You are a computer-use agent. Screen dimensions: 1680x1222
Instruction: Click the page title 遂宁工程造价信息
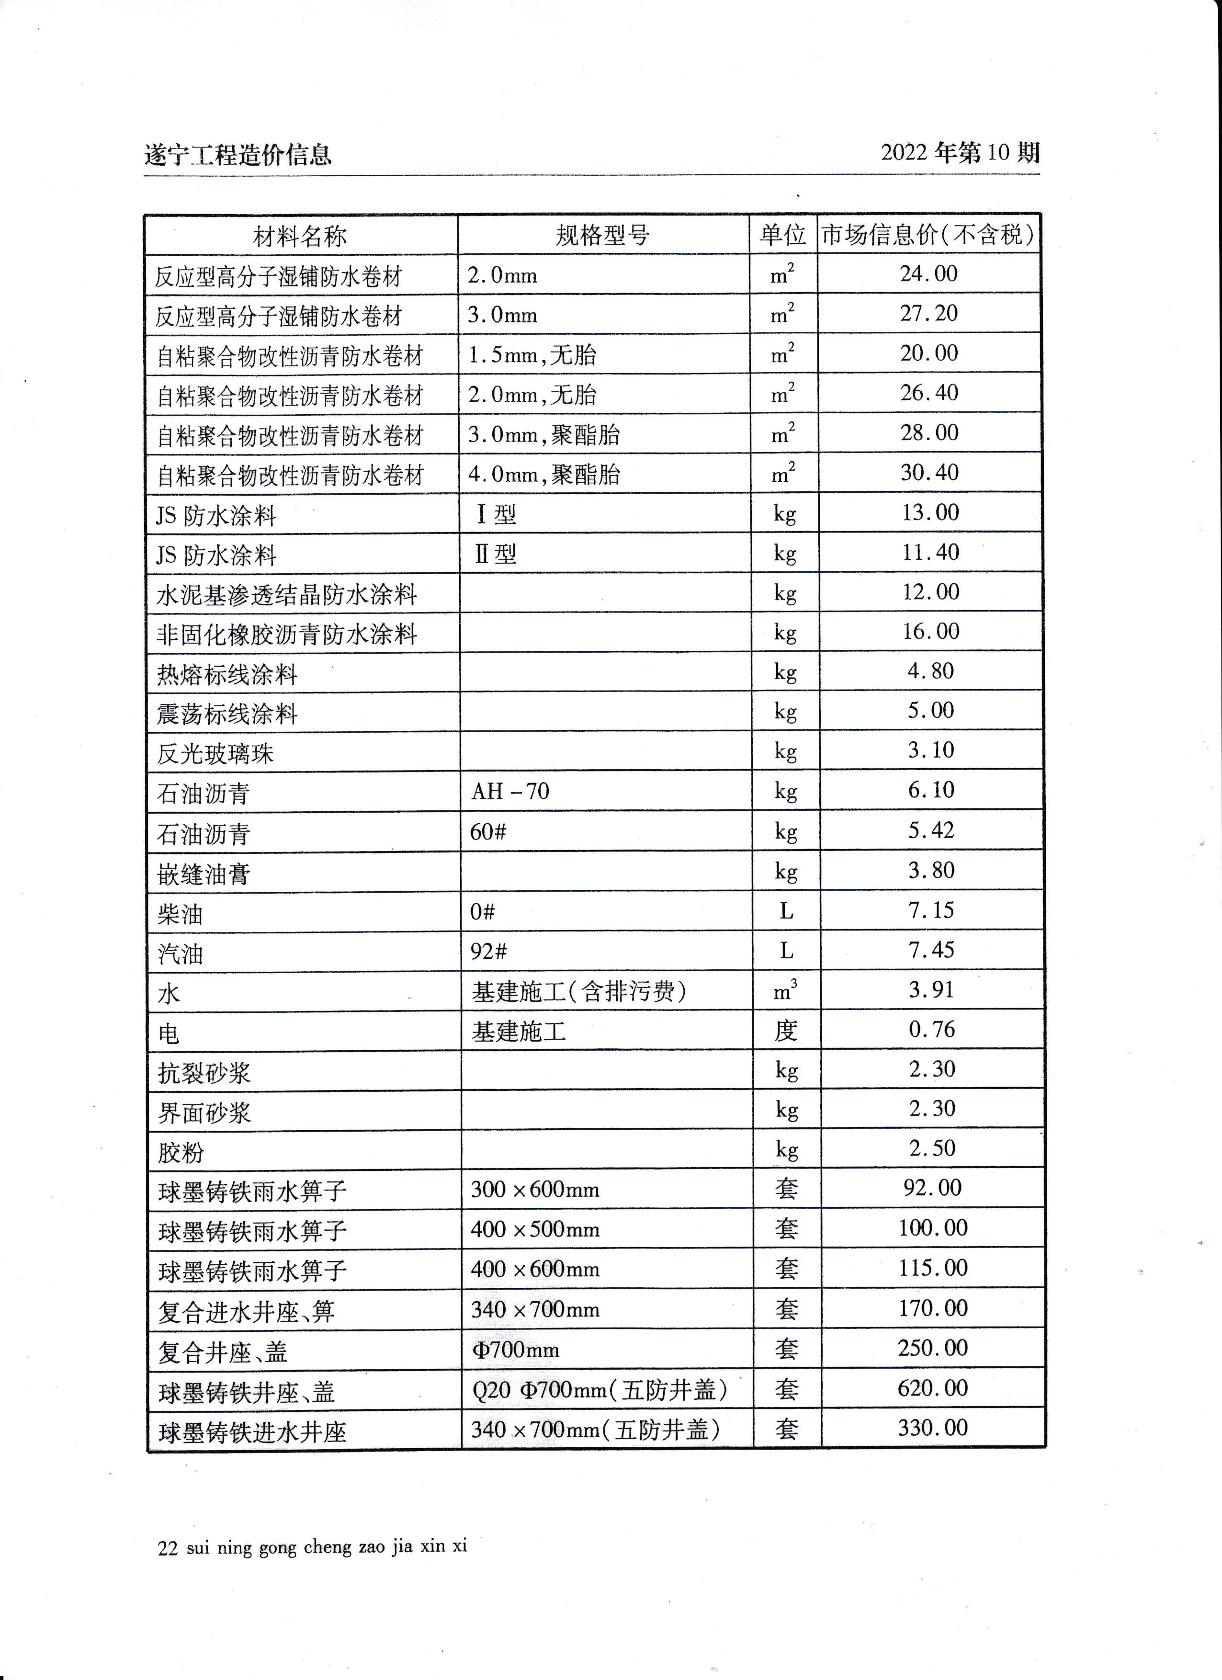point(238,155)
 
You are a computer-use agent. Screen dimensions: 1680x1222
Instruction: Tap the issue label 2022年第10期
point(960,153)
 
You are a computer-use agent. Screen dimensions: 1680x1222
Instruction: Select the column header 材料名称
point(300,236)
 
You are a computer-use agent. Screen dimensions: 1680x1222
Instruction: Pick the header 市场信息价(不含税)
point(928,235)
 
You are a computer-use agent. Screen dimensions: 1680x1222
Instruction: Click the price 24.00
point(929,273)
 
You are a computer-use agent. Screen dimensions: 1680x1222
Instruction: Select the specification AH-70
point(510,791)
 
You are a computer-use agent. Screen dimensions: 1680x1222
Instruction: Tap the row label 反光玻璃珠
point(215,753)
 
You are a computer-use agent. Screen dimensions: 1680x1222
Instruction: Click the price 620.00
point(932,1387)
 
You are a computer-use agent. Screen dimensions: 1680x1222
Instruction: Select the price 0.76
point(932,1029)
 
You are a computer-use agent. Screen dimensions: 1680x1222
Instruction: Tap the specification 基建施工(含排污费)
point(579,991)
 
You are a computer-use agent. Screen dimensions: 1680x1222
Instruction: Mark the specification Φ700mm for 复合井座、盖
point(515,1349)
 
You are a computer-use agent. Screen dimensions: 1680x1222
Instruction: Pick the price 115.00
point(932,1267)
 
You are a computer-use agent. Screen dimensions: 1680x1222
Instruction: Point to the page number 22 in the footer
point(168,1548)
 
